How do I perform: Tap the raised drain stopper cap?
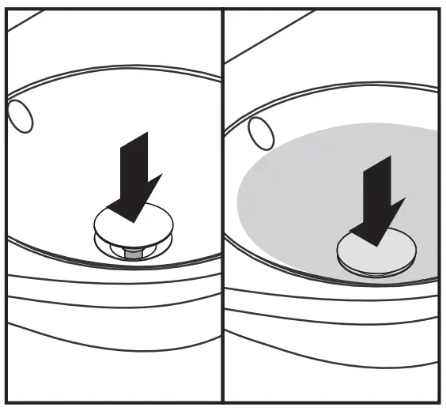click(132, 221)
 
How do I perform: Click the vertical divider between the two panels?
click(222, 205)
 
